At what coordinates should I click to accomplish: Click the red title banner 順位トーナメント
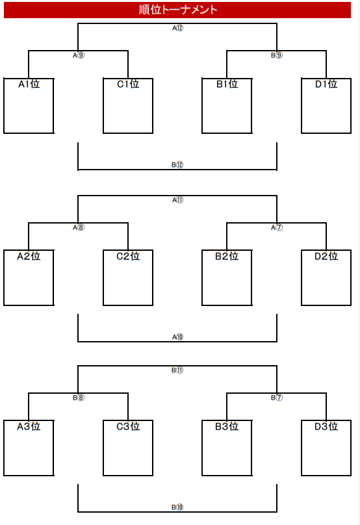(x=177, y=10)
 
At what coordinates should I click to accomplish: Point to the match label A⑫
(x=178, y=28)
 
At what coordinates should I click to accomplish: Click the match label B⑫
(x=177, y=165)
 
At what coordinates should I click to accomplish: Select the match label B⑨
(x=277, y=55)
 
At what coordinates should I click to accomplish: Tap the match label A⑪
(x=178, y=200)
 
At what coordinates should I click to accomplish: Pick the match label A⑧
(x=79, y=227)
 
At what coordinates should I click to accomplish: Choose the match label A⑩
(x=178, y=337)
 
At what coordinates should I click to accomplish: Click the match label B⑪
(x=177, y=370)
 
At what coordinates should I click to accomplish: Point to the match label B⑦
(x=277, y=398)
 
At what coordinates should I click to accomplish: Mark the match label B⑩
(x=177, y=507)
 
